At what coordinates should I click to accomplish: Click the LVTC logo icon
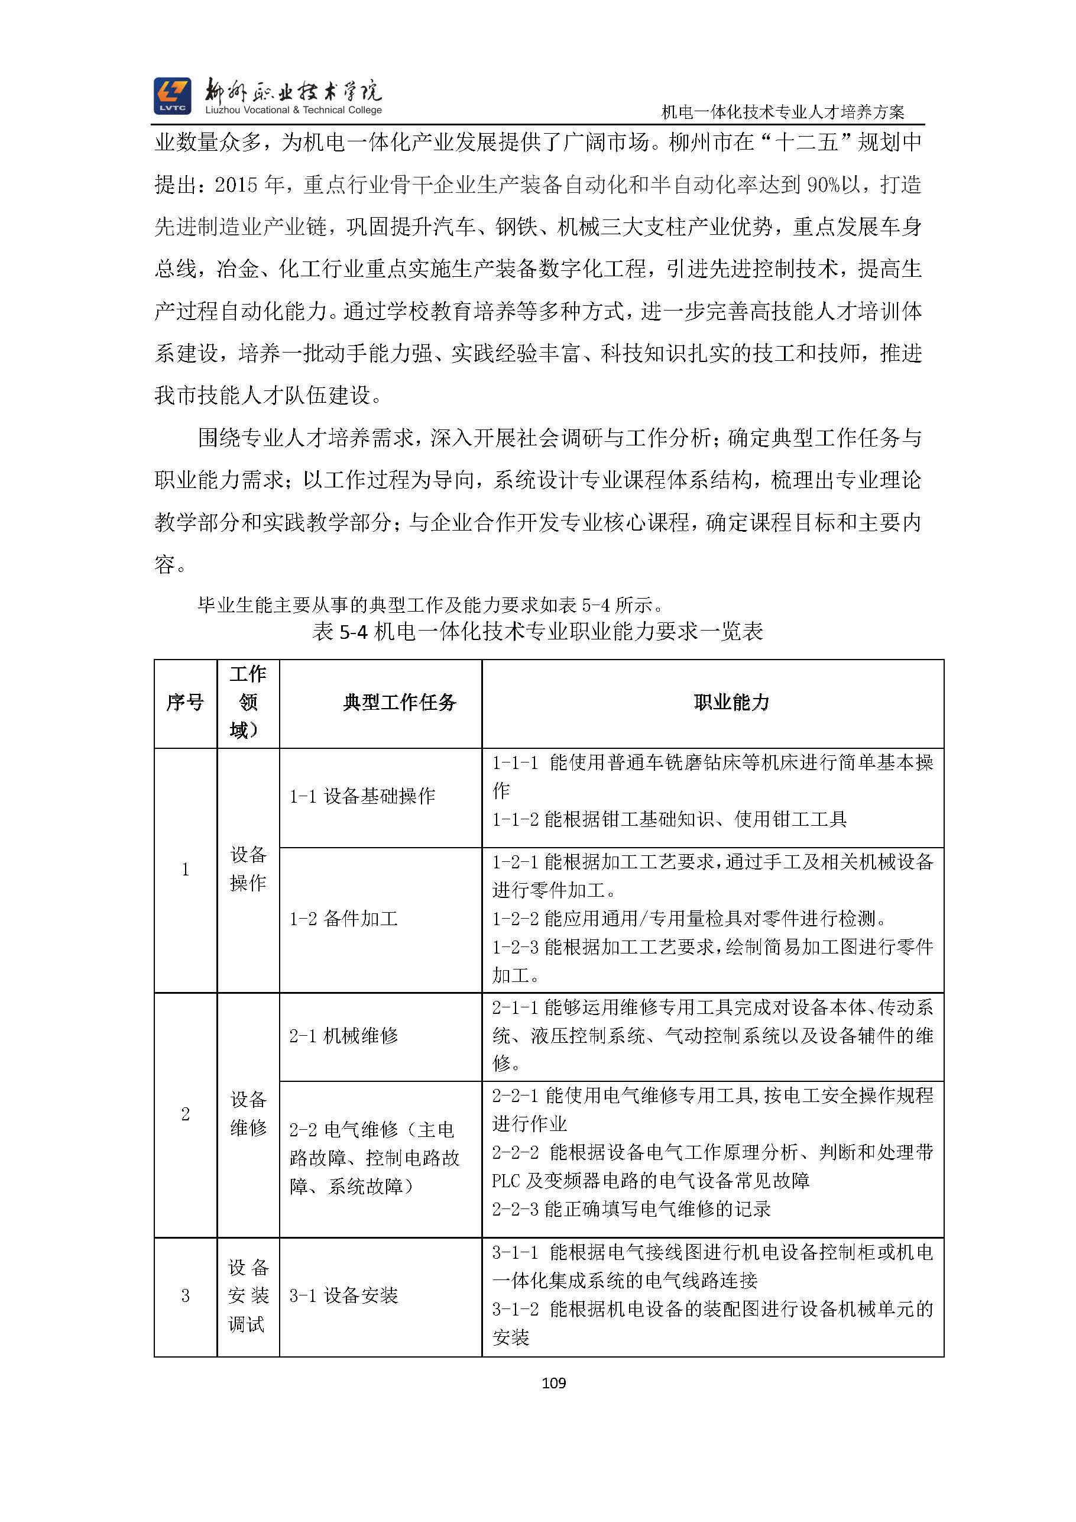172,96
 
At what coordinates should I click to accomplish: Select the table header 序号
185,702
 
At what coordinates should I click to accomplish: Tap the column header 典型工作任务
400,702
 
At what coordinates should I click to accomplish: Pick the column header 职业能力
731,702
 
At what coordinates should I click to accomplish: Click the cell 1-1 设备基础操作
362,796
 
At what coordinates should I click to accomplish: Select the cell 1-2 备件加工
343,918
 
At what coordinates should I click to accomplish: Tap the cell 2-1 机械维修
343,1035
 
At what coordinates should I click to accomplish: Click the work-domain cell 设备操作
248,868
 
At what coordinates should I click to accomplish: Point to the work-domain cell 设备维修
248,1113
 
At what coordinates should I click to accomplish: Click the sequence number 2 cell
186,1114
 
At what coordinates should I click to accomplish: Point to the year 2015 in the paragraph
236,185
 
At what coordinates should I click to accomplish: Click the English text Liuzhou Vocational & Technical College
293,110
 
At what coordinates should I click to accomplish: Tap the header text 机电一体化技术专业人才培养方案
783,112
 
